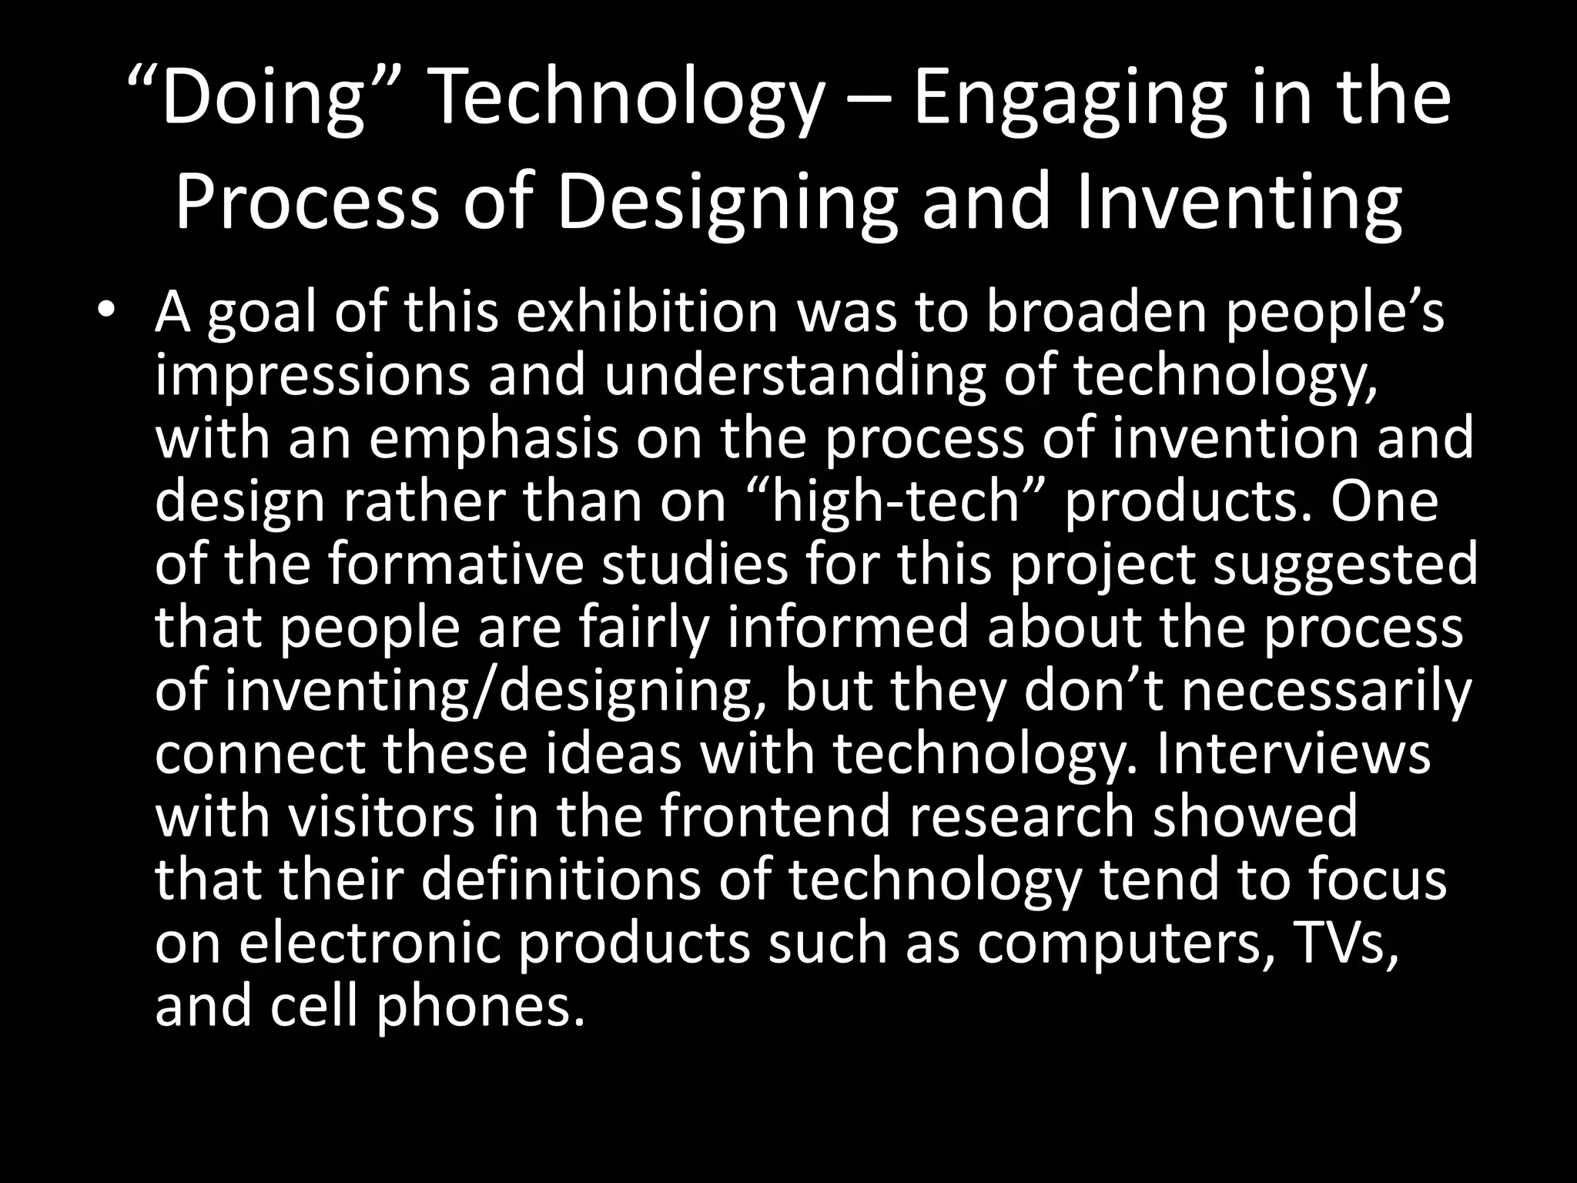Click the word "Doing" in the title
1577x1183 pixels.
(262, 100)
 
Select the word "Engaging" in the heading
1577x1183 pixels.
(1071, 100)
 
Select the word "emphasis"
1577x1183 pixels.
(494, 438)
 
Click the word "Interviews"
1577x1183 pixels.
(1294, 754)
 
